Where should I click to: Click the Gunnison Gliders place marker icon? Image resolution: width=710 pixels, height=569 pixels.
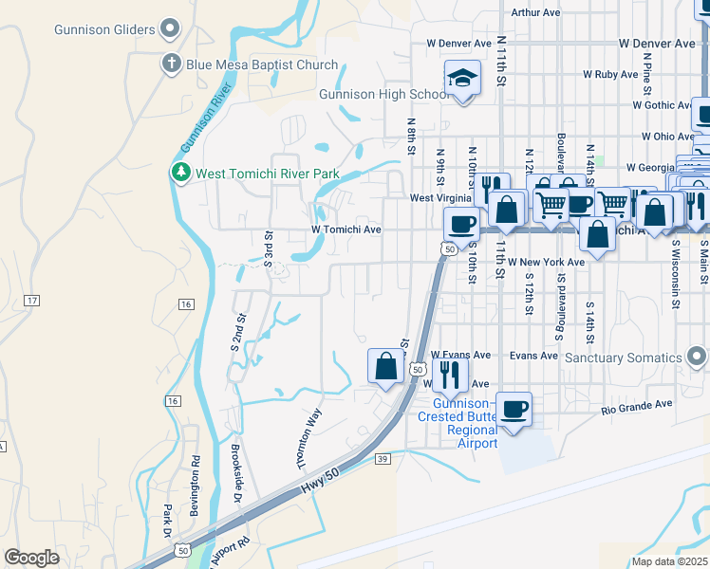(171, 28)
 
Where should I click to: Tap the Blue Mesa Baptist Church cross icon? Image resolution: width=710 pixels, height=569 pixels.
(171, 64)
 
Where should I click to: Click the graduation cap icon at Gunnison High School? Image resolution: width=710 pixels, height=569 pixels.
(462, 77)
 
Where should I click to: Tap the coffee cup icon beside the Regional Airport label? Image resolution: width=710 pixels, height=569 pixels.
(514, 409)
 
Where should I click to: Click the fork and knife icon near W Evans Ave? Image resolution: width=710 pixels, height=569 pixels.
(450, 374)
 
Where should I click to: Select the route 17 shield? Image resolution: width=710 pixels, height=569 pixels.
(32, 301)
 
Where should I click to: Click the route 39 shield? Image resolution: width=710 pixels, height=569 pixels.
(383, 459)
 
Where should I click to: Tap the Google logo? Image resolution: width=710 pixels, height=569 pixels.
(31, 558)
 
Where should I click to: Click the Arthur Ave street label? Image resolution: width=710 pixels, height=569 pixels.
(536, 12)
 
